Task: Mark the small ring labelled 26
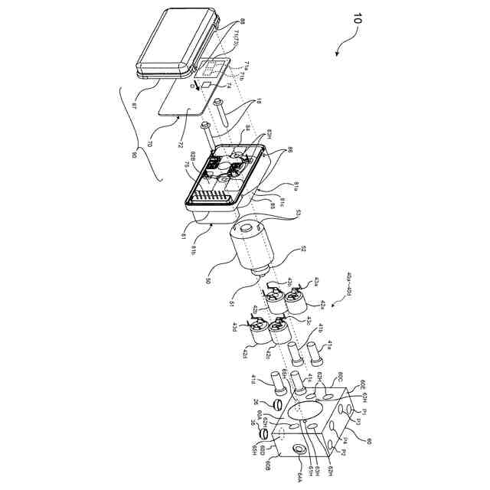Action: (x=280, y=404)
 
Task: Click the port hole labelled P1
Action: (x=354, y=412)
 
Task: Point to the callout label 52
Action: (x=303, y=249)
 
